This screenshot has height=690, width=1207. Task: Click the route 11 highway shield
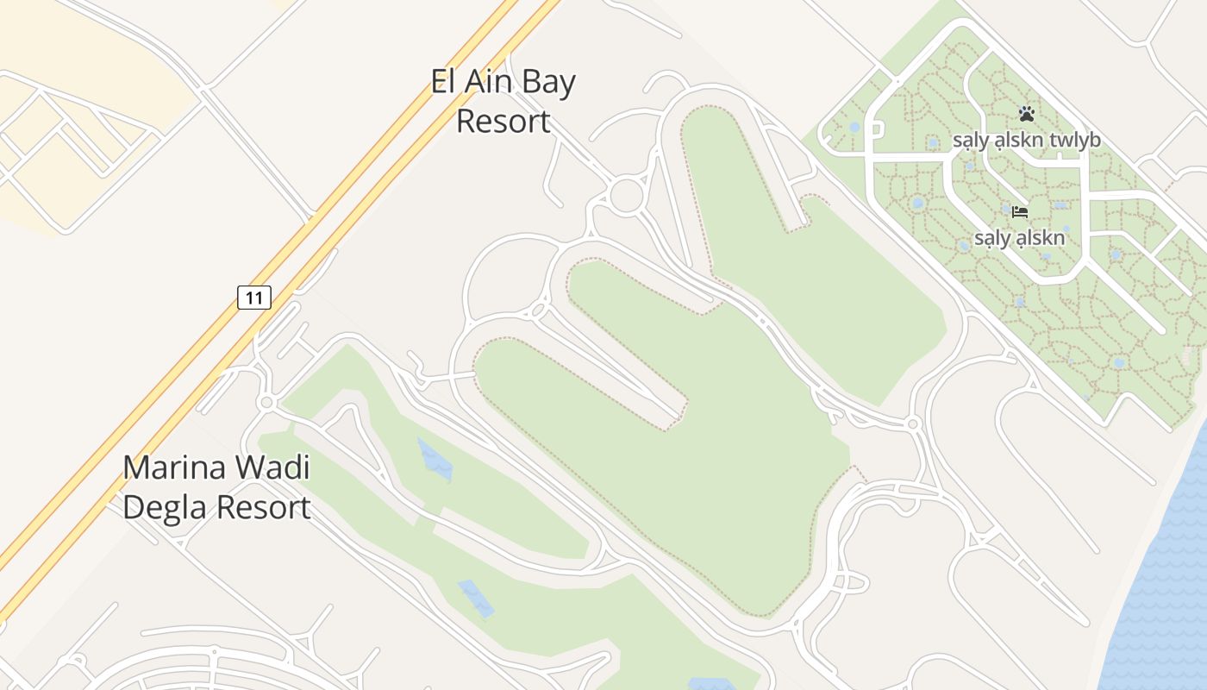[254, 298]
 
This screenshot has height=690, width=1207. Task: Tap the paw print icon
[1026, 113]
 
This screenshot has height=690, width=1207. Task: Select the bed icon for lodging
[1020, 211]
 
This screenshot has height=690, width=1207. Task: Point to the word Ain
[485, 82]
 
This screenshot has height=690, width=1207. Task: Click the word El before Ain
[442, 82]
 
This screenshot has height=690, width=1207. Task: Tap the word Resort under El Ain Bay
[503, 121]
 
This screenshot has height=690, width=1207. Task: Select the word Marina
[176, 468]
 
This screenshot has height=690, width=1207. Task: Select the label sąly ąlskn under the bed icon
[1020, 238]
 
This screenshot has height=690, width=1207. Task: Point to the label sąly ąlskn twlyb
[1026, 140]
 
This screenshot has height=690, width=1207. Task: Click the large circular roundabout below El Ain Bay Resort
[628, 195]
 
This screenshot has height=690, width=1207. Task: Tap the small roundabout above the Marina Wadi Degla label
[266, 403]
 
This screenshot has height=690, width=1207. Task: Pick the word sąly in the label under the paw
[969, 140]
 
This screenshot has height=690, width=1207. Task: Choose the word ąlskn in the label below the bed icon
[1039, 238]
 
